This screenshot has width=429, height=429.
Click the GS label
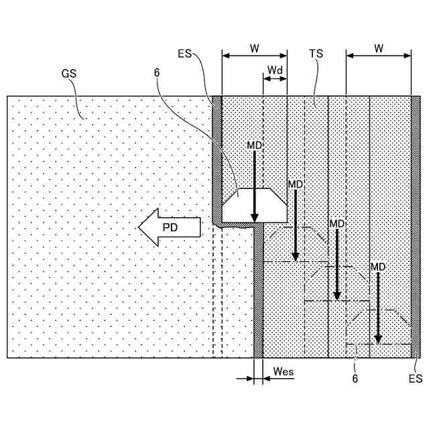68,74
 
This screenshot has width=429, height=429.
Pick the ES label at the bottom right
416,379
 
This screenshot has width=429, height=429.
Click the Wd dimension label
275,70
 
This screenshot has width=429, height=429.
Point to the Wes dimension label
284,371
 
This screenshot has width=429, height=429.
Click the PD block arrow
170,227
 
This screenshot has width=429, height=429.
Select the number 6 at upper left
157,88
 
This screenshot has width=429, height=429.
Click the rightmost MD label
378,267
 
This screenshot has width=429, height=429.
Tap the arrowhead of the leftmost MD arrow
255,217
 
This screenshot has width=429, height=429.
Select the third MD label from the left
336,224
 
